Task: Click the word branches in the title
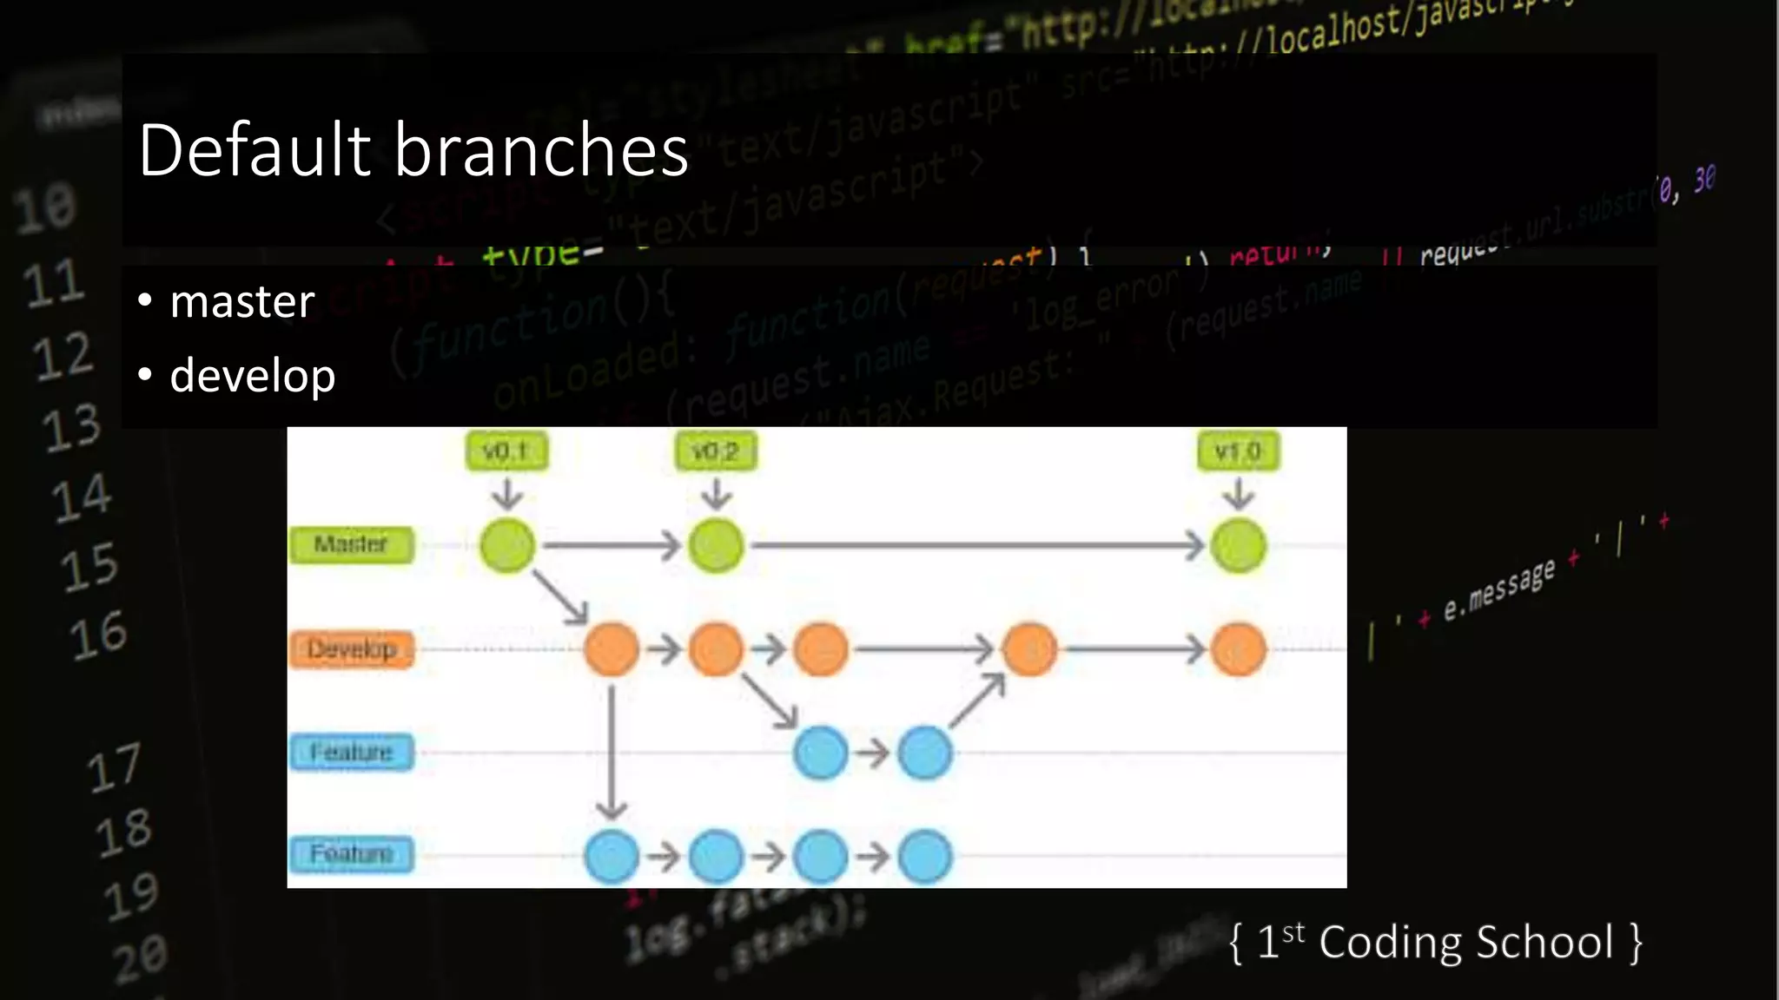(542, 149)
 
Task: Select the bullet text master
(241, 302)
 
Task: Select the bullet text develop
(252, 375)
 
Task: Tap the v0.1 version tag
(506, 451)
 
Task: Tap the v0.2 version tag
(716, 451)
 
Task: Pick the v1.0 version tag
(1238, 451)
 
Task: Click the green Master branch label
(351, 545)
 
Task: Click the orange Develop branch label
(351, 649)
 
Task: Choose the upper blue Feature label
(351, 752)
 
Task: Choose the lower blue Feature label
(351, 854)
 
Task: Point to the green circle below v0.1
(507, 546)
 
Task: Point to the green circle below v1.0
(1238, 546)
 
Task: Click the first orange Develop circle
(612, 649)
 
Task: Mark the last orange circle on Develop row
(1238, 649)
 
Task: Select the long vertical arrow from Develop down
(612, 751)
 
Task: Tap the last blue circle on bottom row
(925, 857)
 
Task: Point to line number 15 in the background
(89, 568)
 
